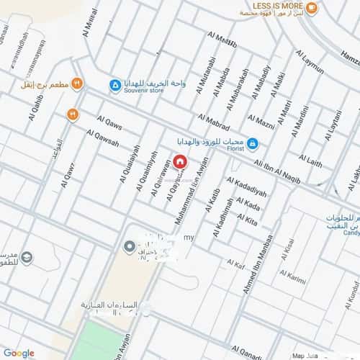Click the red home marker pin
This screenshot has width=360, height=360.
(179, 161)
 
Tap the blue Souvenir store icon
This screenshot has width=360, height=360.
(116, 86)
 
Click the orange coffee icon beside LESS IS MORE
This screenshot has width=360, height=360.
(312, 8)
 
